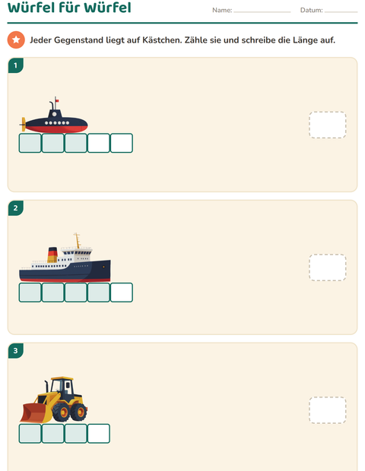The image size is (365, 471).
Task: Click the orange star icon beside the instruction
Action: tap(16, 40)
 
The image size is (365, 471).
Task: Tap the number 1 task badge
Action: tap(16, 65)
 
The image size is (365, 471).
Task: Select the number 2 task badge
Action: tap(16, 208)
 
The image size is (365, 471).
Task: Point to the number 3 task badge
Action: tap(16, 350)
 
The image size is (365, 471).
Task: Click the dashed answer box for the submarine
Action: tap(328, 125)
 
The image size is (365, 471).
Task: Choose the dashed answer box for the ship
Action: tap(328, 267)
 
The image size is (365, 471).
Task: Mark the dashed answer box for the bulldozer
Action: tap(328, 410)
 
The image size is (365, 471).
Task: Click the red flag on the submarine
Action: tap(57, 100)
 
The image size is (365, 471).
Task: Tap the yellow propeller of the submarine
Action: tap(23, 124)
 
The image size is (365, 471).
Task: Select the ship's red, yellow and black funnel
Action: tap(52, 254)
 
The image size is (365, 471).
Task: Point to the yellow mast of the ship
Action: tap(78, 240)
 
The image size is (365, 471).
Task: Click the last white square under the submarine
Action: tap(122, 143)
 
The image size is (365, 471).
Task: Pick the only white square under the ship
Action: tap(122, 292)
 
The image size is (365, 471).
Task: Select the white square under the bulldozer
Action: tap(99, 434)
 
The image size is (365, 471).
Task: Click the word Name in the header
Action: tap(221, 10)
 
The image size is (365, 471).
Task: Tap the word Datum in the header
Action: tap(311, 10)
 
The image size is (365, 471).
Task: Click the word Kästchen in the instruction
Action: tap(162, 40)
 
